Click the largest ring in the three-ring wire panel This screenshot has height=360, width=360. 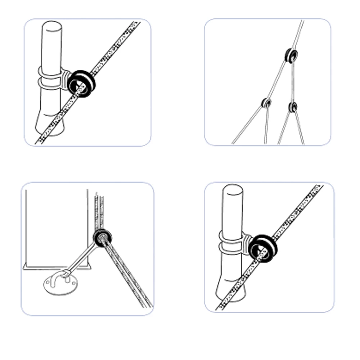(x=291, y=55)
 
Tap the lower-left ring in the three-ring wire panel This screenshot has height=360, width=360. (x=266, y=103)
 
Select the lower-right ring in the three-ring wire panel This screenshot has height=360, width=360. (x=293, y=107)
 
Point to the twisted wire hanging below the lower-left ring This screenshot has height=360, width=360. (x=266, y=126)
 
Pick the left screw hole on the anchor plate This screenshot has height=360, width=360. (x=48, y=284)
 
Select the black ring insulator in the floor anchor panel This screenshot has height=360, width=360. (x=102, y=237)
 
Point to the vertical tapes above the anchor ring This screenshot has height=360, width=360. (x=100, y=211)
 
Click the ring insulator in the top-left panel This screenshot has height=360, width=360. (x=82, y=84)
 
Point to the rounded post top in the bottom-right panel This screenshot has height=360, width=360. (x=233, y=190)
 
